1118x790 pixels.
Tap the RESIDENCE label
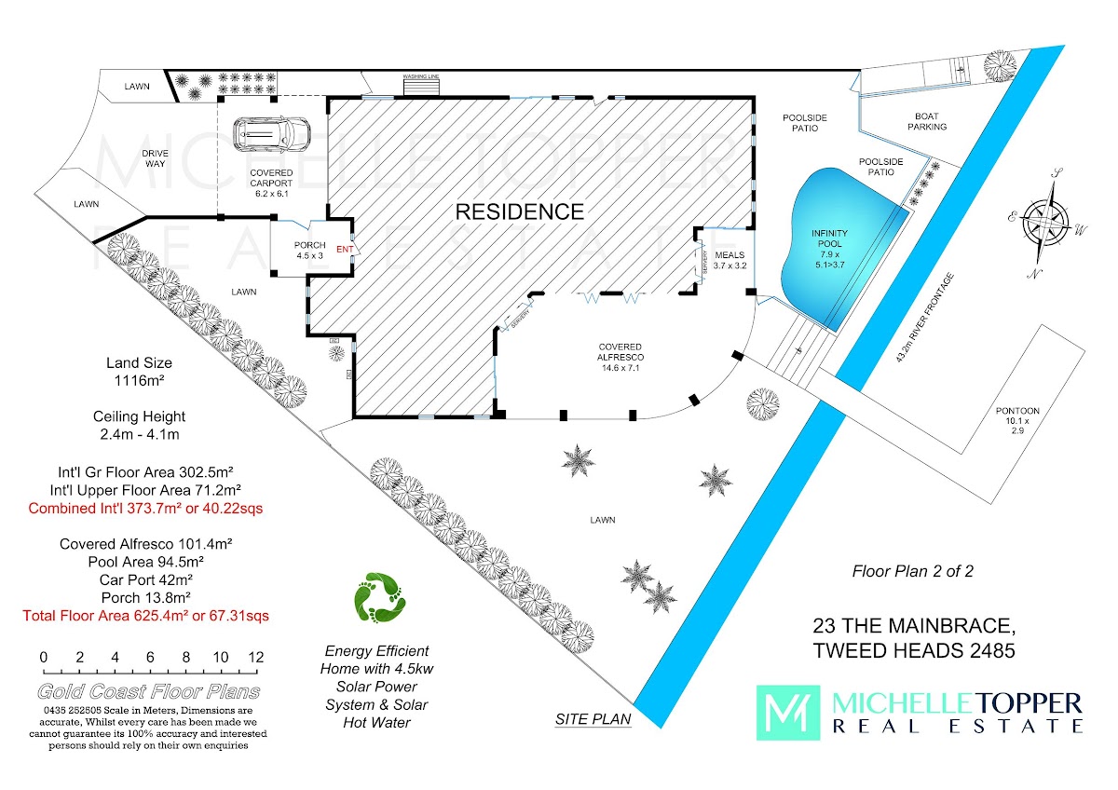519,211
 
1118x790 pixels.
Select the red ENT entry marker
343,249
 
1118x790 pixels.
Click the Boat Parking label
927,121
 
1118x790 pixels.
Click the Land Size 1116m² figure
139,380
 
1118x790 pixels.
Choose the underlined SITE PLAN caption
593,718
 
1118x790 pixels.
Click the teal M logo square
786,713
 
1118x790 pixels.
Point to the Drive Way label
154,158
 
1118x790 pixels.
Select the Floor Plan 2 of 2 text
912,571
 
